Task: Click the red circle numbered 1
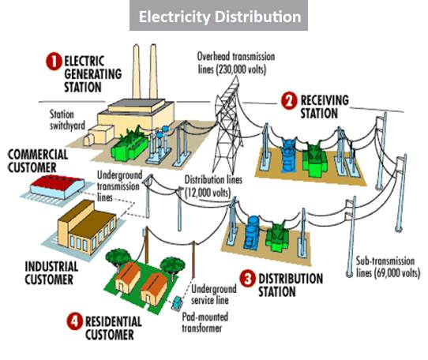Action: pyautogui.click(x=54, y=62)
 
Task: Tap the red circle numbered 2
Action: pyautogui.click(x=289, y=101)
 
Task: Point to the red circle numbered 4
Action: pyautogui.click(x=74, y=321)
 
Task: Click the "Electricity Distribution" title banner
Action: pyautogui.click(x=219, y=16)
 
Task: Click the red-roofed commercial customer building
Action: pyautogui.click(x=57, y=187)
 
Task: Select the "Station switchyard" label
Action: pyautogui.click(x=67, y=119)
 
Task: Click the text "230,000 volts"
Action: pyautogui.click(x=241, y=69)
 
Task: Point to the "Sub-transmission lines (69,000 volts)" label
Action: pyautogui.click(x=388, y=267)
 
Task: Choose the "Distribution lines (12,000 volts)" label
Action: pyautogui.click(x=213, y=186)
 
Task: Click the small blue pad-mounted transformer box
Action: pyautogui.click(x=177, y=302)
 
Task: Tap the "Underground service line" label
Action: pyautogui.click(x=214, y=294)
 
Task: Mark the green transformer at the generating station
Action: pyautogui.click(x=130, y=146)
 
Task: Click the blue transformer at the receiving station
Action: pyautogui.click(x=289, y=155)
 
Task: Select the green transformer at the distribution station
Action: pyautogui.click(x=276, y=237)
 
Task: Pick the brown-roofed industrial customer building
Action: pyautogui.click(x=87, y=227)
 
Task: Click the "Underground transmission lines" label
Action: pyautogui.click(x=119, y=186)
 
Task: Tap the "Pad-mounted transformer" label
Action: pyautogui.click(x=205, y=322)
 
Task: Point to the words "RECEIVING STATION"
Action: pyautogui.click(x=325, y=107)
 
